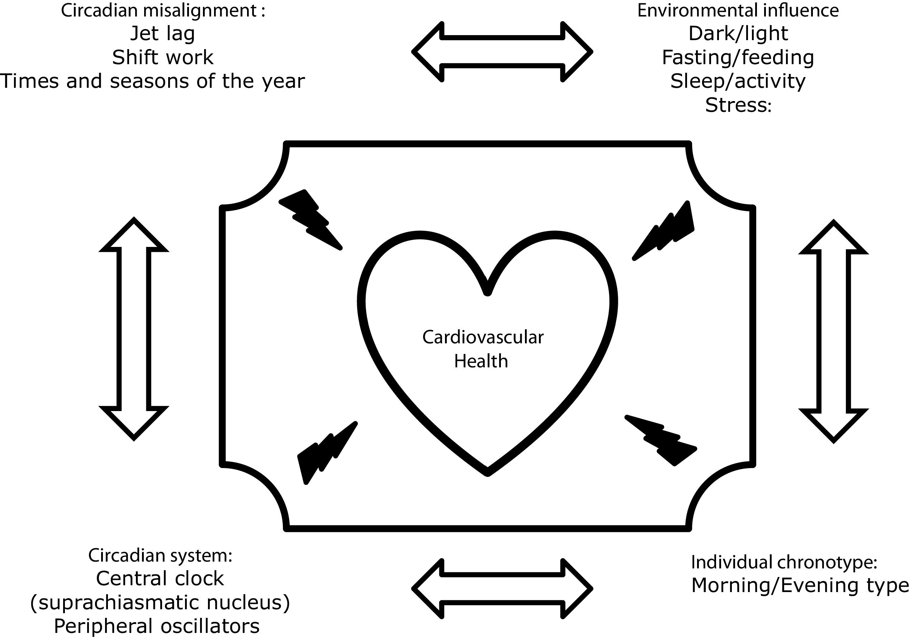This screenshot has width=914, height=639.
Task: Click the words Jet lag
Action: tap(162, 33)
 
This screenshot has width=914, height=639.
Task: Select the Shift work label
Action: tap(163, 57)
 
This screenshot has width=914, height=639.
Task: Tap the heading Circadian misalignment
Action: tap(163, 10)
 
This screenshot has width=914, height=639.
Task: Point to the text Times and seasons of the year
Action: tap(152, 81)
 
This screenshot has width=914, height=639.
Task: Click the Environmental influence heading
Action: tap(738, 10)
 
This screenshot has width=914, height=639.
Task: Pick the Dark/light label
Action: tap(738, 33)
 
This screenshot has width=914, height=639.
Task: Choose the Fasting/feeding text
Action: tap(738, 57)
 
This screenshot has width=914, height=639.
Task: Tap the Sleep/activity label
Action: tap(738, 81)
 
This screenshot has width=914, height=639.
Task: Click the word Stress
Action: tap(738, 105)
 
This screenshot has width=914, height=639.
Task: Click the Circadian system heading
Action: tap(160, 555)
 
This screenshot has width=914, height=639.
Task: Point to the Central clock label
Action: tap(160, 578)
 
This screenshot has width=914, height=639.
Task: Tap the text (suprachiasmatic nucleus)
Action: tap(160, 602)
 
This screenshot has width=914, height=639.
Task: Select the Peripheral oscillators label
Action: tap(156, 626)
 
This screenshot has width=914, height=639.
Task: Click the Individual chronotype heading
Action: tap(784, 562)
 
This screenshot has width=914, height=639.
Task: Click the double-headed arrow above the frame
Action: tap(502, 52)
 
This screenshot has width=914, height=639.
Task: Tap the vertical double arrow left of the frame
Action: tap(134, 329)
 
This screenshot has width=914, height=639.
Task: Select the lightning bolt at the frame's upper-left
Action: tap(310, 219)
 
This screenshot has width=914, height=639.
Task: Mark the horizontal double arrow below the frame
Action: tap(502, 588)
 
